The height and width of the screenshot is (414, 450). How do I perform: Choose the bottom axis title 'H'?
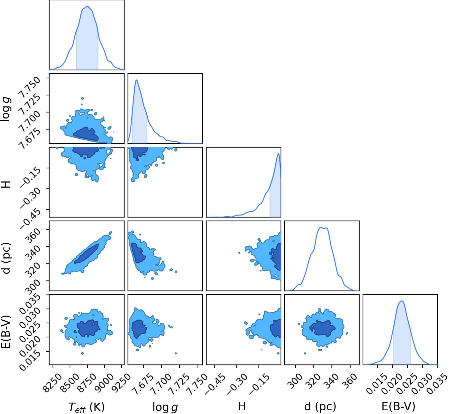pos(242,406)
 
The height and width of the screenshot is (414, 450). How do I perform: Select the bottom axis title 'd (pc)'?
pos(320,406)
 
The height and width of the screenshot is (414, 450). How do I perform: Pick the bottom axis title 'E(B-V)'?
pos(398,406)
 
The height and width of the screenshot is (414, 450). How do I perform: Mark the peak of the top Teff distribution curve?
pos(87,6)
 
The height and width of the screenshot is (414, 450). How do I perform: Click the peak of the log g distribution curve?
pos(136,80)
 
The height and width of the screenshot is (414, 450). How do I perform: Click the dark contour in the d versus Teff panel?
pos(87,254)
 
